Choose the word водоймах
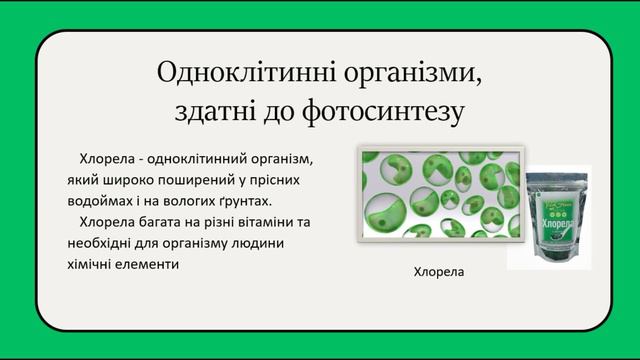pyautogui.click(x=93, y=201)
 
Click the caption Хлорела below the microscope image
pyautogui.click(x=440, y=271)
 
